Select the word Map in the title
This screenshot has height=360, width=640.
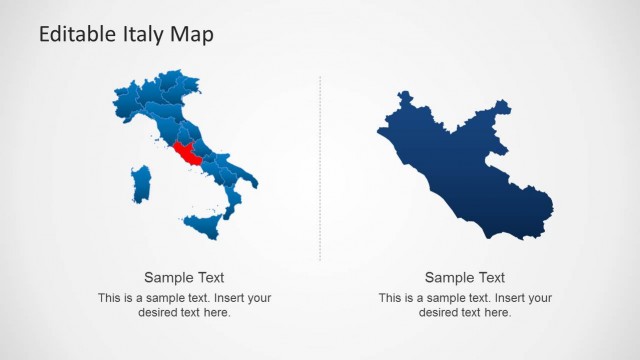(x=194, y=34)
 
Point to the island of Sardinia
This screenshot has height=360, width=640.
(x=141, y=184)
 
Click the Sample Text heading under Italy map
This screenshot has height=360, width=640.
(x=184, y=278)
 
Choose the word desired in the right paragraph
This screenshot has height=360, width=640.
(x=437, y=313)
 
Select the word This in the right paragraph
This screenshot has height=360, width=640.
(x=390, y=298)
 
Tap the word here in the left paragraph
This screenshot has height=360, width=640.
(x=217, y=313)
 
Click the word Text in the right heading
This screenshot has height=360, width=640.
(x=490, y=278)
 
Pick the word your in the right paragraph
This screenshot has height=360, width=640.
(x=538, y=298)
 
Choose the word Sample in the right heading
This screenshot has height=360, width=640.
(x=449, y=278)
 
